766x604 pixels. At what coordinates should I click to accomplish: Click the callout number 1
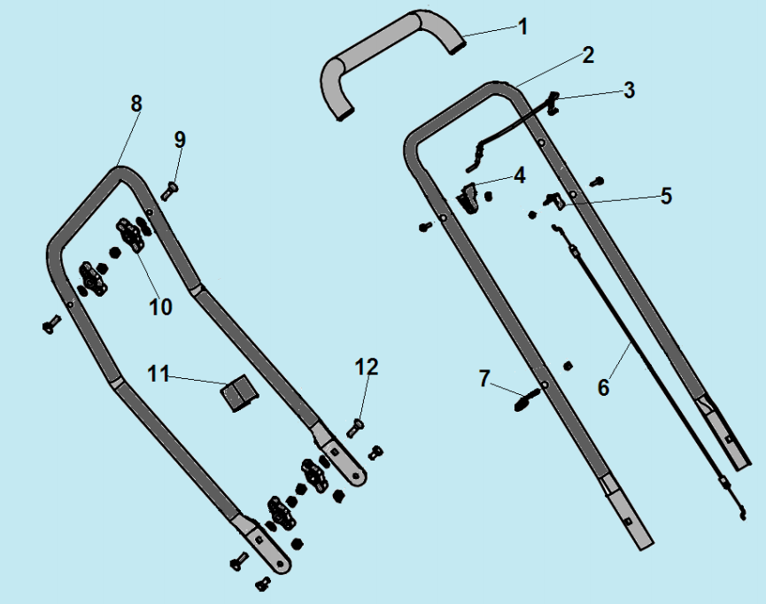pos(522,27)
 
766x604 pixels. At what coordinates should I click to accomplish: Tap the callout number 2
pos(588,55)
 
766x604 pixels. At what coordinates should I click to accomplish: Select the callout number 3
pos(630,90)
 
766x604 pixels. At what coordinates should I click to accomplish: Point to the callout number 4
pos(519,175)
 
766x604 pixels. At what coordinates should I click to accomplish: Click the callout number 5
pos(666,196)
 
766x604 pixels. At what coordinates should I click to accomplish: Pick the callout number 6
pos(604,387)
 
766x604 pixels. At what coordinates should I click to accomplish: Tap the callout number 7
pos(484,378)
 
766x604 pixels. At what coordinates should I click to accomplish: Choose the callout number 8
pos(136,104)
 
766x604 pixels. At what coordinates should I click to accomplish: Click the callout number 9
pos(181,140)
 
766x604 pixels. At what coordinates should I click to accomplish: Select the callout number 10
pos(160,307)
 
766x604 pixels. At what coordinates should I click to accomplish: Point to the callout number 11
pos(159,374)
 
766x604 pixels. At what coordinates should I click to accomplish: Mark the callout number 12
pos(367,367)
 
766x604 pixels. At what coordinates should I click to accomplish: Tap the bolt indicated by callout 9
pos(169,190)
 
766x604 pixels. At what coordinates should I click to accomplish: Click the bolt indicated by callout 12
pos(355,428)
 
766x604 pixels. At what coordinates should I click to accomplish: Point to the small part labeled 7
pos(527,399)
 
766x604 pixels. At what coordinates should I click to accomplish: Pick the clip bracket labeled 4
pos(468,197)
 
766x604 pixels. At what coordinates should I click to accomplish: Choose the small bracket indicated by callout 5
pos(554,200)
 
